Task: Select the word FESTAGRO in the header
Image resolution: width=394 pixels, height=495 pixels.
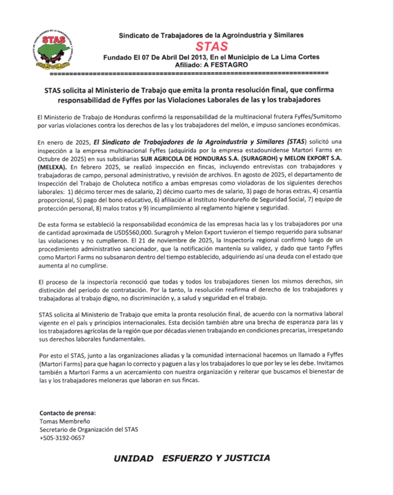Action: coord(227,65)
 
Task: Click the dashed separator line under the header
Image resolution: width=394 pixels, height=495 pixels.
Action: coord(189,74)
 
